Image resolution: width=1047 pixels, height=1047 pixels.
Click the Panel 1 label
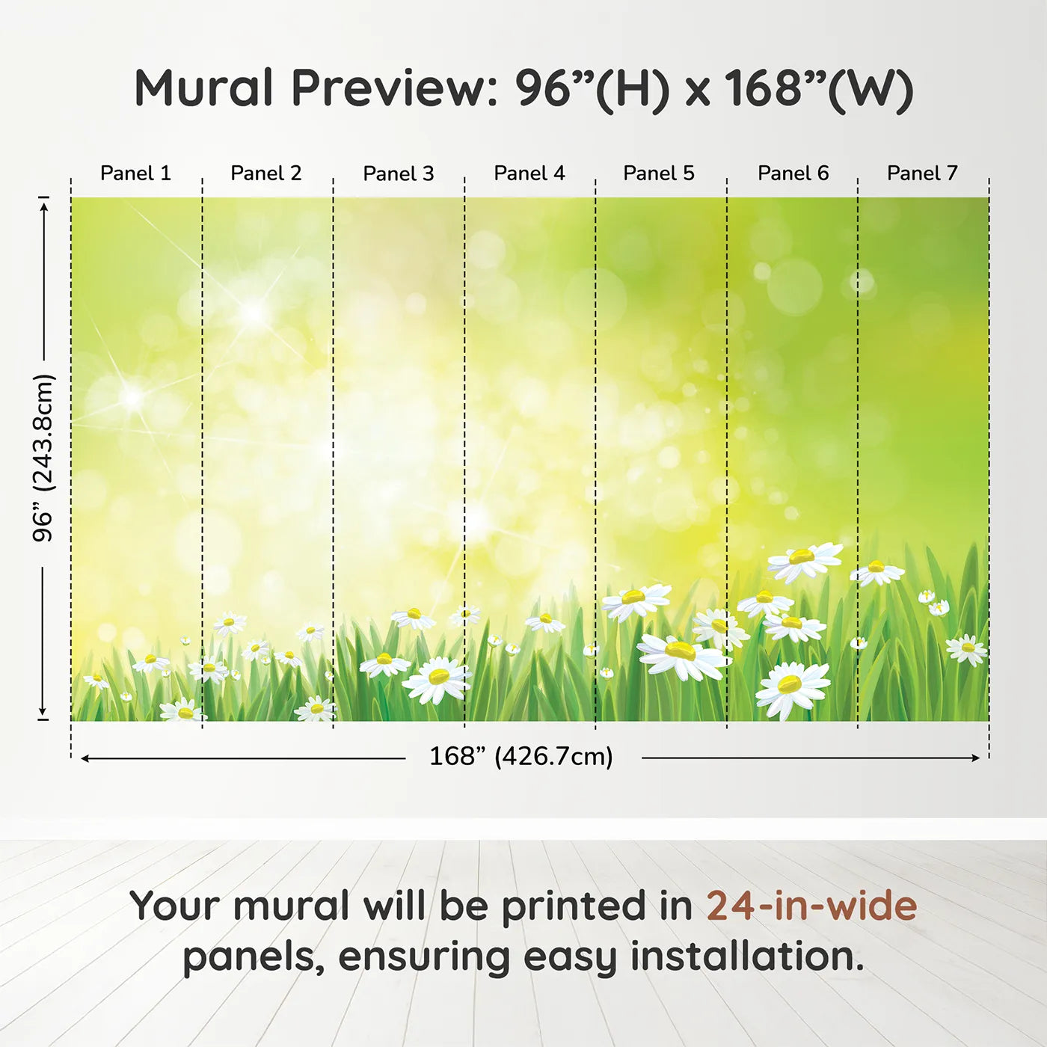coord(136,174)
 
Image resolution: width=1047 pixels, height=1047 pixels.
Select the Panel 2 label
coord(266,174)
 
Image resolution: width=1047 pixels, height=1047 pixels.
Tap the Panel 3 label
coord(399,174)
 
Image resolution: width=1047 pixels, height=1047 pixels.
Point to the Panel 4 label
coord(529,174)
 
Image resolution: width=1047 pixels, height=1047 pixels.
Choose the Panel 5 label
coord(659,174)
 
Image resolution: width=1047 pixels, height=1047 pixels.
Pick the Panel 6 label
coord(793,174)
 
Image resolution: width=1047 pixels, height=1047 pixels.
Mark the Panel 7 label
coord(922,174)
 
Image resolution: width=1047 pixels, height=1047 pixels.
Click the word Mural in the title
coord(204,87)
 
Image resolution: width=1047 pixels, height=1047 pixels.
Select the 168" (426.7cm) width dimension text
coord(521,756)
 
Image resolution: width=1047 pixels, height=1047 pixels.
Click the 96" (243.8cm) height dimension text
coord(43,458)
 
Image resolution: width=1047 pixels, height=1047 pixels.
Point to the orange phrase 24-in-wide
coord(812,906)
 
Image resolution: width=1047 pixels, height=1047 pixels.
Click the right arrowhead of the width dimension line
coord(975,758)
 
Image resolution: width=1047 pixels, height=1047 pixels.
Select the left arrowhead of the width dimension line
coord(85,758)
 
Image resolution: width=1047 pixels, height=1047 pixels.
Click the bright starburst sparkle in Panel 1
coord(132,397)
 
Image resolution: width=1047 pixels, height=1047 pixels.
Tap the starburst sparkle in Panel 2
coord(254,312)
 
